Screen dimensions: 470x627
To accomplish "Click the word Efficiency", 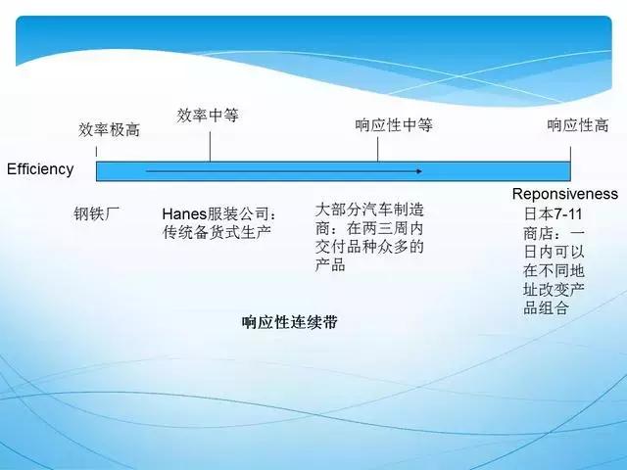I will pos(40,168).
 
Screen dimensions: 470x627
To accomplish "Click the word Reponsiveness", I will pos(565,194).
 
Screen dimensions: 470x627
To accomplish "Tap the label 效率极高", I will pos(109,129).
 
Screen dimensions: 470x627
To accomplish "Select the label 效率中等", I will pos(208,116).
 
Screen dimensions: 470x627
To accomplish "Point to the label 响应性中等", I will pos(393,125).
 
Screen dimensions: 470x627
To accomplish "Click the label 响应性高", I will pos(577,125).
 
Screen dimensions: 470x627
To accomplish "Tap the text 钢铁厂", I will pos(97,213).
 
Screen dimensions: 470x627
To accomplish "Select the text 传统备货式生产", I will pos(217,232).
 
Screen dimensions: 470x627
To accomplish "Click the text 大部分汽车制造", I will pos(369,210).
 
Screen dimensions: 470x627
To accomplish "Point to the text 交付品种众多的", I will pos(369,246).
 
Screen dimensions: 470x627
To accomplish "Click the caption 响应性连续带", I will pos(289,321).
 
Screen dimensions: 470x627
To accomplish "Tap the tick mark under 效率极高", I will pos(96,151).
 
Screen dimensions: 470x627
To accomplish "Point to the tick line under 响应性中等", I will pos(377,148).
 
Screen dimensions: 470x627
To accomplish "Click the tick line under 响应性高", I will pos(570,148).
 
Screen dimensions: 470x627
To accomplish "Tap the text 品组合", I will pos(546,308).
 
